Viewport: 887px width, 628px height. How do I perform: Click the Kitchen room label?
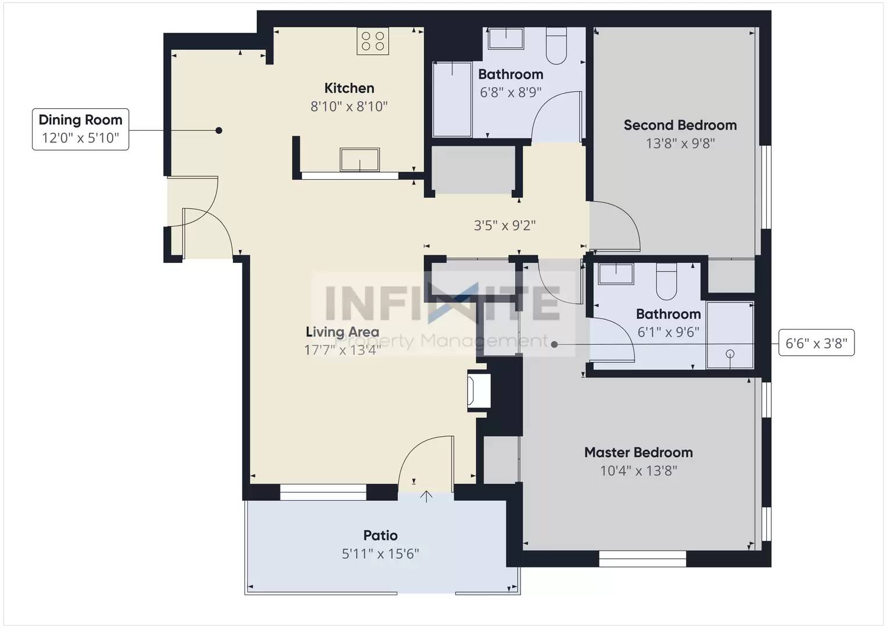[349, 88]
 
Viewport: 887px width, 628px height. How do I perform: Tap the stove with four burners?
[372, 41]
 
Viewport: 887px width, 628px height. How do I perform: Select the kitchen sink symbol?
[360, 159]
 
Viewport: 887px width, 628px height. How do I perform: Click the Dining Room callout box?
[80, 129]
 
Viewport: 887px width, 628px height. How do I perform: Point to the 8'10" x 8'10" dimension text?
[349, 106]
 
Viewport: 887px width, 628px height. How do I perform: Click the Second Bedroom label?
[680, 125]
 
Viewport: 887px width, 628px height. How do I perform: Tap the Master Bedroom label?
[638, 452]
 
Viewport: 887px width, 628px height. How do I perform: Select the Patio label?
[380, 536]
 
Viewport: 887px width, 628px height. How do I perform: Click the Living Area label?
[342, 332]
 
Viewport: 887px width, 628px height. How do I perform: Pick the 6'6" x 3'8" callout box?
[816, 344]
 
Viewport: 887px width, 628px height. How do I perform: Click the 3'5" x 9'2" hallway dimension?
[505, 226]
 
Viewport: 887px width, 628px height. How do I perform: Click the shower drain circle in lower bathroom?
[730, 354]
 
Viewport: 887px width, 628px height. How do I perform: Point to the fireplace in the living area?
[479, 391]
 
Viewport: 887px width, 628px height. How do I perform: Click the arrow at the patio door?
[426, 496]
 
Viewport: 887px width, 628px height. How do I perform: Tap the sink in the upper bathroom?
[505, 38]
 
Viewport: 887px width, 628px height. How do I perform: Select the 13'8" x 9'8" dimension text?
[680, 143]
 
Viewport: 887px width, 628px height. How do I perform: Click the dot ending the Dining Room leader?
[219, 131]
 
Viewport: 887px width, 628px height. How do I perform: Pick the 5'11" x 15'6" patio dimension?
[380, 554]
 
